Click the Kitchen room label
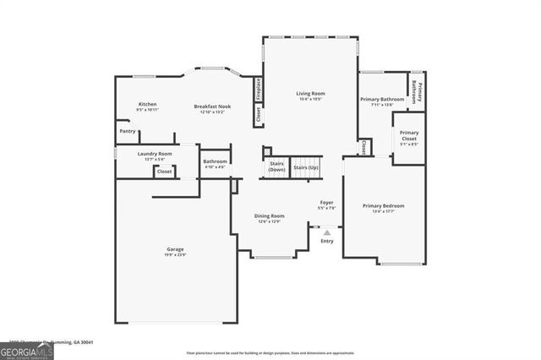(148, 104)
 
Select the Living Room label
(310, 93)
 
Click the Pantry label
(127, 131)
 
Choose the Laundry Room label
(134, 153)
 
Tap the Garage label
(175, 248)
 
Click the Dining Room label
(270, 215)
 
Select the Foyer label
(326, 203)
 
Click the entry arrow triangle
(326, 231)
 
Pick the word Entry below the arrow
(326, 242)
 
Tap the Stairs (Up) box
(306, 168)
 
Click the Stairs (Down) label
(276, 166)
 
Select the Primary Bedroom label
(383, 206)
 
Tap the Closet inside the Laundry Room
(164, 172)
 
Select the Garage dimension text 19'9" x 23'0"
(175, 254)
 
